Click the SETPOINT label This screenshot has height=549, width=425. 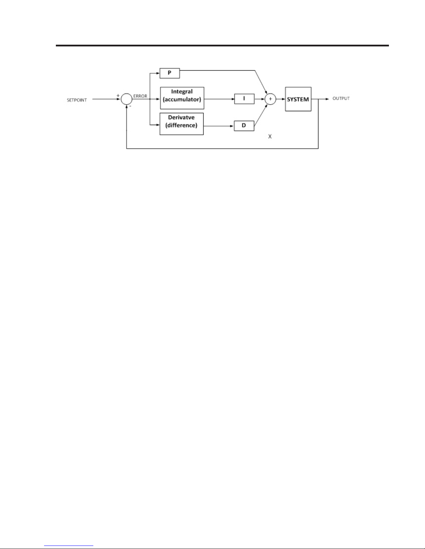(x=77, y=100)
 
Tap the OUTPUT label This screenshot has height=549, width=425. (x=341, y=98)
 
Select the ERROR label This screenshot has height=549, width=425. (x=140, y=96)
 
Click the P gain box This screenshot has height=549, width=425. (x=170, y=73)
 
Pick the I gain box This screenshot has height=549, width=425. (x=244, y=99)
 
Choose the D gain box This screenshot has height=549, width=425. (x=244, y=125)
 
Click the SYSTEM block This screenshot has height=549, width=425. (x=298, y=99)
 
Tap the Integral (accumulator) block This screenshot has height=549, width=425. (x=182, y=98)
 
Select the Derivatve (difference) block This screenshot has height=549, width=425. (x=181, y=124)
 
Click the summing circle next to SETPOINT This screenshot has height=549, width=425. (x=127, y=99)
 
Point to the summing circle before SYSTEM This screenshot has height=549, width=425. (x=270, y=99)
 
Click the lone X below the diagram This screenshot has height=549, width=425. (x=270, y=137)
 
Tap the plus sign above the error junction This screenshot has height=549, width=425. (x=118, y=95)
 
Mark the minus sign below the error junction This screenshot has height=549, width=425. (x=130, y=106)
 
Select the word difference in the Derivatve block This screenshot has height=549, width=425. (x=181, y=125)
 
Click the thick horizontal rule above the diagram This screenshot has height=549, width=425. (x=222, y=45)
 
